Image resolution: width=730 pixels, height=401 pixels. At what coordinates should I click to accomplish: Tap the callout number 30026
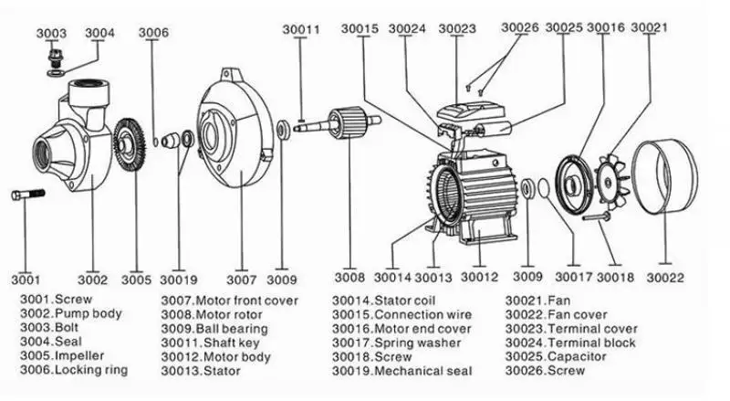pyautogui.click(x=520, y=28)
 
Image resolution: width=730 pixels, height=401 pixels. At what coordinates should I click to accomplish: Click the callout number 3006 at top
pyautogui.click(x=153, y=34)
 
